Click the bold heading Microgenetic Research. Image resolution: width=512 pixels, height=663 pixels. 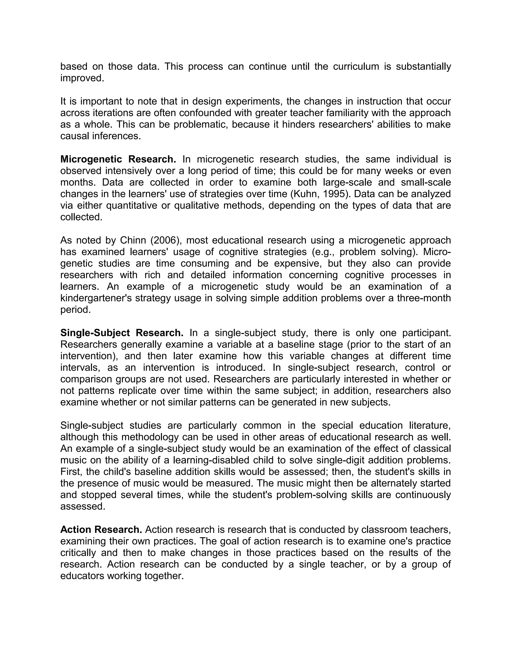click(118, 159)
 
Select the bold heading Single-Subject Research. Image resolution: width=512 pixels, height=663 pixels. click(122, 333)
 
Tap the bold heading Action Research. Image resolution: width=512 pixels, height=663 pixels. click(101, 529)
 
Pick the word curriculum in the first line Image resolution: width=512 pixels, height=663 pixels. click(356, 67)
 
